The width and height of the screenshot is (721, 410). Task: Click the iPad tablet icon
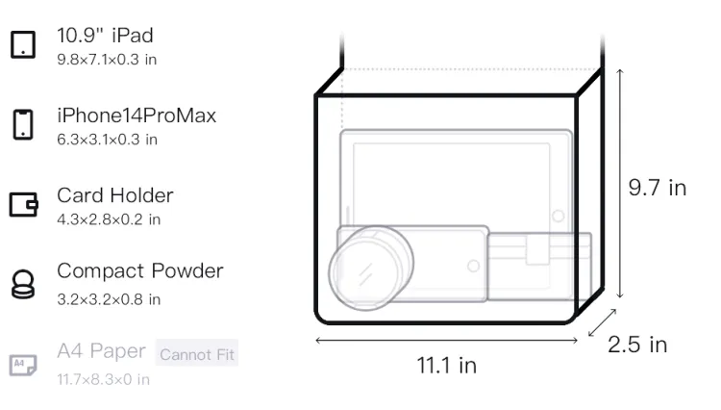click(23, 44)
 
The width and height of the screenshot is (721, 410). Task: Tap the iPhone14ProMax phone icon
click(23, 124)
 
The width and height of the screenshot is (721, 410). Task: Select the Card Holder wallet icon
click(23, 204)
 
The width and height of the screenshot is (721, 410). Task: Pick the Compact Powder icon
click(23, 284)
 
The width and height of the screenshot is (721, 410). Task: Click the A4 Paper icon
click(23, 365)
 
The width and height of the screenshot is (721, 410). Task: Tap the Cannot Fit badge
click(197, 354)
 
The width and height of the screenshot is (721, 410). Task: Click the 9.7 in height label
click(658, 188)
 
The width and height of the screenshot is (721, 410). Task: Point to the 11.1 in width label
click(446, 366)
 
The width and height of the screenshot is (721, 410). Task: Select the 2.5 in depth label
click(637, 345)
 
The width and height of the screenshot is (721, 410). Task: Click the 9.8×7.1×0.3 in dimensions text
click(107, 60)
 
